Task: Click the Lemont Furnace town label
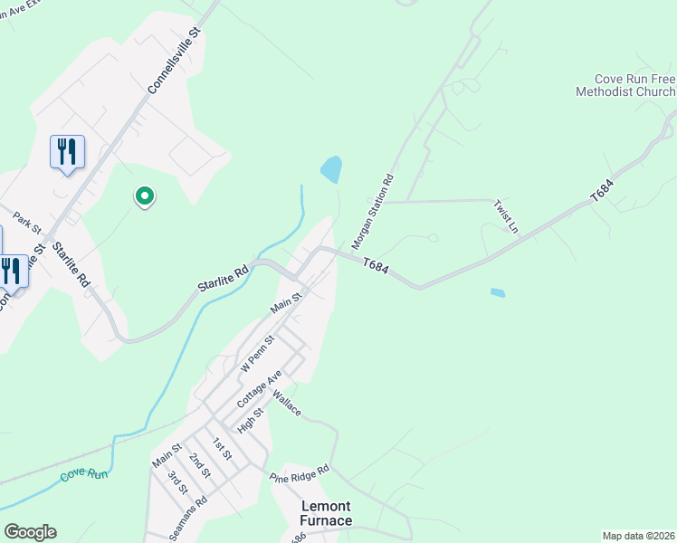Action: (326, 513)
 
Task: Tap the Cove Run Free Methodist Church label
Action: (625, 86)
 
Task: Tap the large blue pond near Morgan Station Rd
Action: (332, 168)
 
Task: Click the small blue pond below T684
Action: (498, 293)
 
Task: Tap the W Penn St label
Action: (257, 353)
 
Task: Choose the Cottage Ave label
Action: (260, 387)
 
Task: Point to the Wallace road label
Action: (287, 405)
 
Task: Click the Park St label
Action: (28, 223)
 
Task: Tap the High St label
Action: (249, 418)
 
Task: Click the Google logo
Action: (30, 532)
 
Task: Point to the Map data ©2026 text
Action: (638, 536)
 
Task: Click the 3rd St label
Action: (177, 481)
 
